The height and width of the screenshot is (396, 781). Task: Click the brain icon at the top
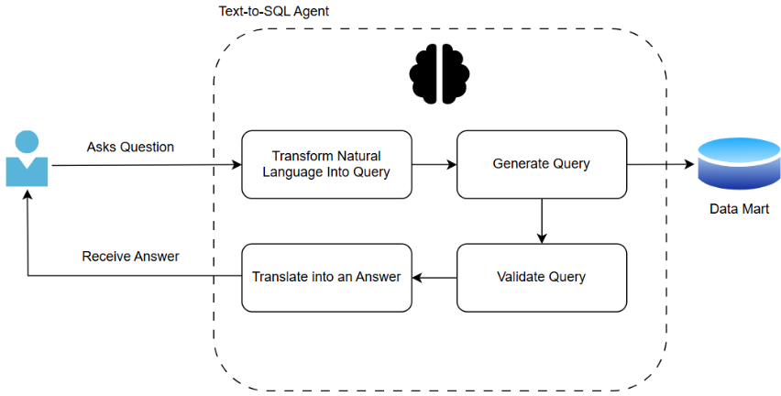pyautogui.click(x=440, y=74)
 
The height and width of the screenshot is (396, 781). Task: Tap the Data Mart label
pyautogui.click(x=739, y=209)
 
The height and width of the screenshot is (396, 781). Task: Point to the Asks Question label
pyautogui.click(x=130, y=147)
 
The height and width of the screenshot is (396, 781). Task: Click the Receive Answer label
pyautogui.click(x=130, y=256)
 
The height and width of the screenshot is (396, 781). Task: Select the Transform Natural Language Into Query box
pyautogui.click(x=326, y=164)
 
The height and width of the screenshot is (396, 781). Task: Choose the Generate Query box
pyautogui.click(x=541, y=164)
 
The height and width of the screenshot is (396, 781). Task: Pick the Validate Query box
pyautogui.click(x=541, y=276)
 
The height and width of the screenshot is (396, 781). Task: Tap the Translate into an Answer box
pyautogui.click(x=326, y=276)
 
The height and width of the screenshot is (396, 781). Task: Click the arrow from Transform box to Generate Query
pyautogui.click(x=434, y=165)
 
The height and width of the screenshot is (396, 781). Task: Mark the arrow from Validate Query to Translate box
pyautogui.click(x=434, y=277)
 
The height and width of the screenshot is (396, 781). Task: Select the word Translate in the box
pyautogui.click(x=281, y=276)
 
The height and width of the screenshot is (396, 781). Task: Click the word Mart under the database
pyautogui.click(x=755, y=209)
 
